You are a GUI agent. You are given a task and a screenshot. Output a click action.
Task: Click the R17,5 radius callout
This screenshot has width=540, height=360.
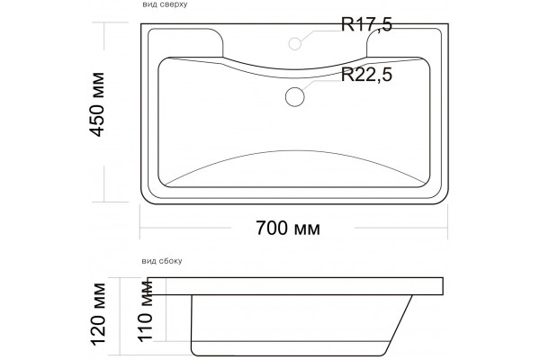366,25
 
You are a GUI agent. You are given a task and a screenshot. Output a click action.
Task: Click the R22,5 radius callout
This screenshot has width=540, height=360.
366,75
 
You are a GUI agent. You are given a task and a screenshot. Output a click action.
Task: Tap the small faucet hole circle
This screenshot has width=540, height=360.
295,43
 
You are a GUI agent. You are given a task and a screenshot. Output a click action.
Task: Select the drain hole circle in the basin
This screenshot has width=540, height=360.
295,97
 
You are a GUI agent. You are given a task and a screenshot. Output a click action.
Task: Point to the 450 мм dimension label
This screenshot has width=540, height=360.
97,104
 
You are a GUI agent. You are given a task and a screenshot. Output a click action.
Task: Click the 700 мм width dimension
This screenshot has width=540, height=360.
288,228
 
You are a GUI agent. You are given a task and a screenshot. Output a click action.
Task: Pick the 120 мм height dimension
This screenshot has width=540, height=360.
98,314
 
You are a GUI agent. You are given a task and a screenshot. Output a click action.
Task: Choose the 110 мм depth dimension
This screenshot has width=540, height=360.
145,310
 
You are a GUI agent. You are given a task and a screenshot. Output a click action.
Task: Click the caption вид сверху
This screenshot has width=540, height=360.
165,4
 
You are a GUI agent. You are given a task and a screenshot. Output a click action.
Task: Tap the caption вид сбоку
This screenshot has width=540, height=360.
162,261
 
